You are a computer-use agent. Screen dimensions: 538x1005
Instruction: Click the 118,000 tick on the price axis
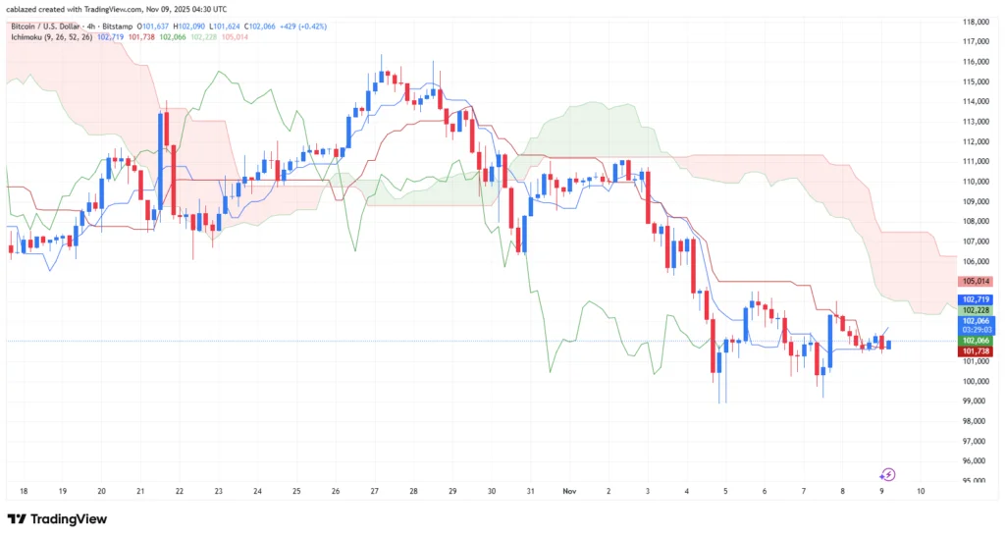[975, 22]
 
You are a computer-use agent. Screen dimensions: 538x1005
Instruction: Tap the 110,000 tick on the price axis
[975, 182]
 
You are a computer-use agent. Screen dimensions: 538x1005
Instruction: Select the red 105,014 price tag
[975, 281]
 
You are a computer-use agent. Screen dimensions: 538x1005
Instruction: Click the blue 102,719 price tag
[976, 299]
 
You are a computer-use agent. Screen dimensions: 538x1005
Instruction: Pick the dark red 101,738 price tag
[975, 350]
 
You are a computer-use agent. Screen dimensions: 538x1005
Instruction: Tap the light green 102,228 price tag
[976, 310]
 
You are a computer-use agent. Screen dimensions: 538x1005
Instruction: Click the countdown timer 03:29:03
[976, 331]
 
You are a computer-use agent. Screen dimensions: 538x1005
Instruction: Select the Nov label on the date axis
[570, 489]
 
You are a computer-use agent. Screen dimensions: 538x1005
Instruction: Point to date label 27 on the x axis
[374, 489]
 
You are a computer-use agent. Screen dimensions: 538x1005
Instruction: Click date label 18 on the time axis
[23, 489]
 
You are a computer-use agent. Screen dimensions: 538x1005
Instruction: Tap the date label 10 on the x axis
[920, 489]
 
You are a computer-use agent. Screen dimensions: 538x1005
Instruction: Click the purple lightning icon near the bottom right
[887, 474]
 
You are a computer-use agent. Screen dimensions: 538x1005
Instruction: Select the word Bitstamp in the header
[120, 25]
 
